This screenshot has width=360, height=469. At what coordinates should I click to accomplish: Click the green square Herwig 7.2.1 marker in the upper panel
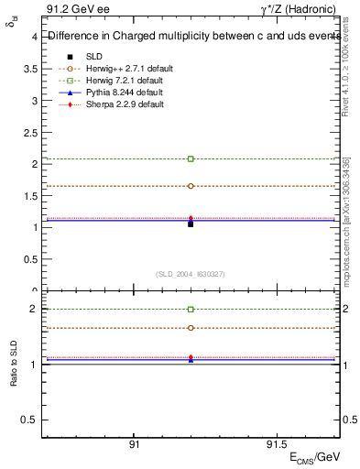pos(191,158)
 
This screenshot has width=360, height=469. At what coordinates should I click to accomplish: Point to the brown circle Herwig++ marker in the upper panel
pos(191,186)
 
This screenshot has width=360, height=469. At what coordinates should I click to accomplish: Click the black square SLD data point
pos(191,224)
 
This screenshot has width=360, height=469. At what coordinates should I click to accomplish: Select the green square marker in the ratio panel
pos(191,310)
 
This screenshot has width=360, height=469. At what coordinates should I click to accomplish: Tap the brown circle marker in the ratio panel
pos(191,328)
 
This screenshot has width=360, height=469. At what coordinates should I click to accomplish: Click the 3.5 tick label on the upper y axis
pos(30,69)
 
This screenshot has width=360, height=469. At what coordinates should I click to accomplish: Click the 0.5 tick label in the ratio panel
pos(30,420)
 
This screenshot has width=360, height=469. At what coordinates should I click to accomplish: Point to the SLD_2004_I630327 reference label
pos(191,274)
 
